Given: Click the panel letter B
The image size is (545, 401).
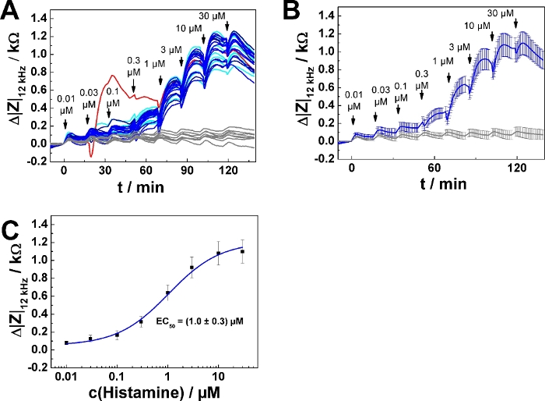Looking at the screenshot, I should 290,10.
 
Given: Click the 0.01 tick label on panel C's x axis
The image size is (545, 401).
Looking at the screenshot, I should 66,373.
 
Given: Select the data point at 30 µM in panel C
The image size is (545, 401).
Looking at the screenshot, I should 243,252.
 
